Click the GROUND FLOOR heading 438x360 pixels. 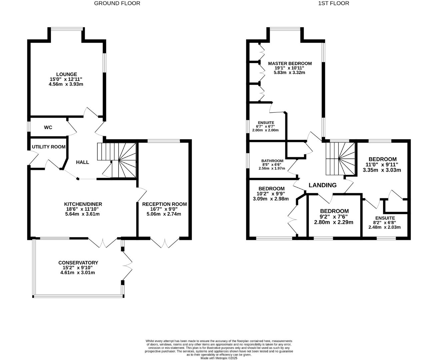pyautogui.click(x=117, y=3)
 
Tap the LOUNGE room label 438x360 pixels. pyautogui.click(x=66, y=74)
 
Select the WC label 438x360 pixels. pyautogui.click(x=48, y=127)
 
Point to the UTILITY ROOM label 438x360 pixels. pyautogui.click(x=48, y=147)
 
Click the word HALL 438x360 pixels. pyautogui.click(x=82, y=162)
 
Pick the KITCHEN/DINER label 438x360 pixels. pyautogui.click(x=83, y=204)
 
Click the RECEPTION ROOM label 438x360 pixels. pyautogui.click(x=164, y=204)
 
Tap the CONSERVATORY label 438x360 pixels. pyautogui.click(x=78, y=263)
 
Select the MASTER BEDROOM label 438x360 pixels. pyautogui.click(x=290, y=63)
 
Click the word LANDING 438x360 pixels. pyautogui.click(x=322, y=185)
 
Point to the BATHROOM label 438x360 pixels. pyautogui.click(x=272, y=161)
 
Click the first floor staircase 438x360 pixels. pyautogui.click(x=340, y=158)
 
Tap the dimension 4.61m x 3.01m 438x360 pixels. pyautogui.click(x=77, y=272)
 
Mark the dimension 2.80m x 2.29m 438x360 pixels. pyautogui.click(x=334, y=222)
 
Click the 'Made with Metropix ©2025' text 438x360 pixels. pyautogui.click(x=219, y=358)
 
